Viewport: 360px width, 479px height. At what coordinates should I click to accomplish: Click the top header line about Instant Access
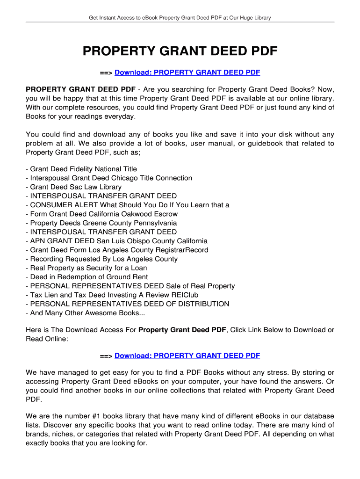click(x=180, y=18)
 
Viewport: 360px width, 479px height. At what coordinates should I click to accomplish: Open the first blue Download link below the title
click(x=187, y=73)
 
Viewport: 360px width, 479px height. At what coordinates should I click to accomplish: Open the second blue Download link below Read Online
click(x=187, y=356)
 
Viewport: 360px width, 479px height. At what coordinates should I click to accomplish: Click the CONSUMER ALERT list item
click(x=128, y=205)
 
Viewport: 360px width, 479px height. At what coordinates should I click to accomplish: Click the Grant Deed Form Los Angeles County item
click(x=117, y=250)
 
